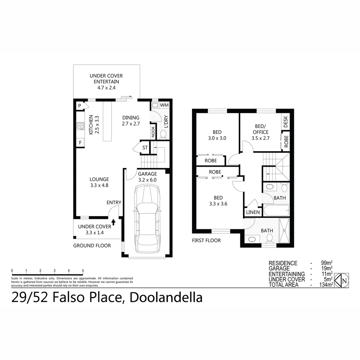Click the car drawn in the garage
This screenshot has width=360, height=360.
(147, 220)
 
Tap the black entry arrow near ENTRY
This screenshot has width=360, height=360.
(113, 222)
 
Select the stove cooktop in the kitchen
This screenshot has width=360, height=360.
(81, 126)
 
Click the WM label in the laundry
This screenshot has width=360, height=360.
(164, 105)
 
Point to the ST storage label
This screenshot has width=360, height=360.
(145, 148)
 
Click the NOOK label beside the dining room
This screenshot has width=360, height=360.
(153, 131)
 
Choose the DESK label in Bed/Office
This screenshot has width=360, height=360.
(285, 121)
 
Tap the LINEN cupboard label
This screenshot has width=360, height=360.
(253, 212)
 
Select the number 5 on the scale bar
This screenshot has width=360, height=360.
(83, 271)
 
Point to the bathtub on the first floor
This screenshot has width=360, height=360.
(275, 210)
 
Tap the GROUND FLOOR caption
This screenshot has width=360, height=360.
(92, 246)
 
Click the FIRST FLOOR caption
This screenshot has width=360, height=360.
(206, 240)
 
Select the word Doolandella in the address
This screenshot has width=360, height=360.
(166, 297)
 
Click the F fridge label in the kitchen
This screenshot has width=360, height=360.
(80, 143)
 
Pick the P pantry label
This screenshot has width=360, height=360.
(80, 106)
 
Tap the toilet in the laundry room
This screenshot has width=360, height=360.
(163, 134)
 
